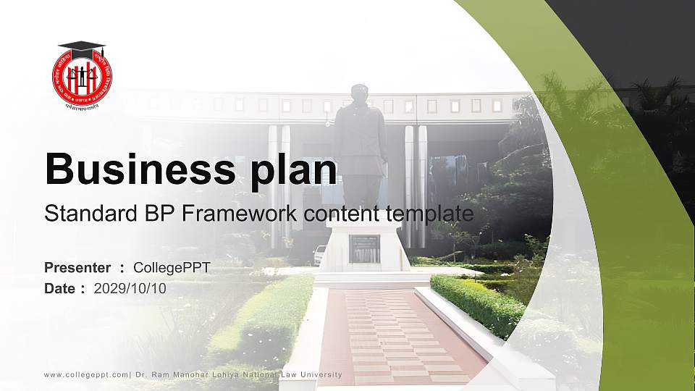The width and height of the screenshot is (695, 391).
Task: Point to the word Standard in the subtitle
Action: point(82,214)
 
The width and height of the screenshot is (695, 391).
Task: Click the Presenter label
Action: point(77,268)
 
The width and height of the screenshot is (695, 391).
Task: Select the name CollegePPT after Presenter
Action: point(172,268)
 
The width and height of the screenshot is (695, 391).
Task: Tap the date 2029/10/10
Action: point(130,288)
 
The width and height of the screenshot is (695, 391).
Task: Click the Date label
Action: point(60,288)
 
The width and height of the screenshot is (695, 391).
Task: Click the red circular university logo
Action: point(82,78)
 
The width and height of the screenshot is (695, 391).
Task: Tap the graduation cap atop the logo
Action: point(81,48)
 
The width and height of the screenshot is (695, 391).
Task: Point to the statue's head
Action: point(360,93)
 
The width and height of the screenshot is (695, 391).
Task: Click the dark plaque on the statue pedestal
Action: point(364,248)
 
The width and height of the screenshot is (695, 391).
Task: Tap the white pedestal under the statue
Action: point(363,257)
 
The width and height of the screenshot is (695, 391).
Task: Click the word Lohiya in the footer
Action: point(218,375)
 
